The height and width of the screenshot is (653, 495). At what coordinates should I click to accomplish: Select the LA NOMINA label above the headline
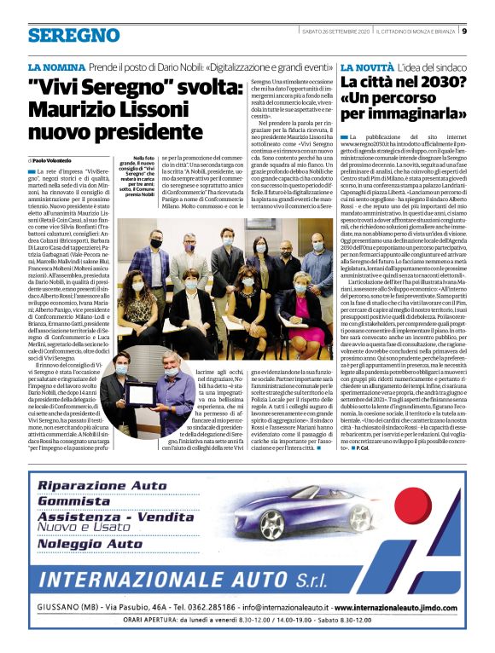(x=56, y=66)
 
